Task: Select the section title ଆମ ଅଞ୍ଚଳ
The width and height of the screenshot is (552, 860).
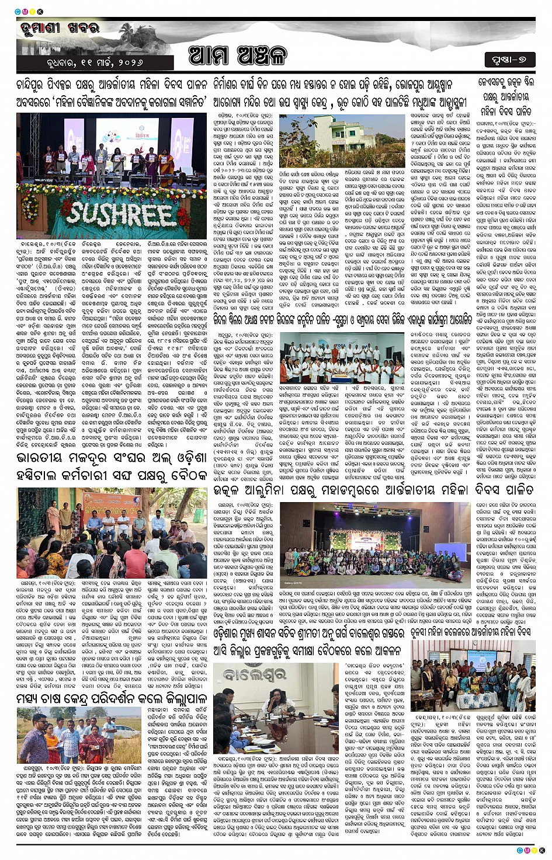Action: click(x=238, y=56)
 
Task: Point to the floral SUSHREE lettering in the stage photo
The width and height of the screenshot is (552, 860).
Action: click(x=121, y=214)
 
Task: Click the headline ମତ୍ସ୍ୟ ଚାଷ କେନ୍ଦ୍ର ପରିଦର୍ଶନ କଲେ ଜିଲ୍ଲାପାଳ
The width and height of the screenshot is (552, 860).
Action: click(x=112, y=698)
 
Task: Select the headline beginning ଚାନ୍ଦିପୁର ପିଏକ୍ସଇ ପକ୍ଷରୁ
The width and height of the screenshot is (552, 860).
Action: click(x=112, y=93)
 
